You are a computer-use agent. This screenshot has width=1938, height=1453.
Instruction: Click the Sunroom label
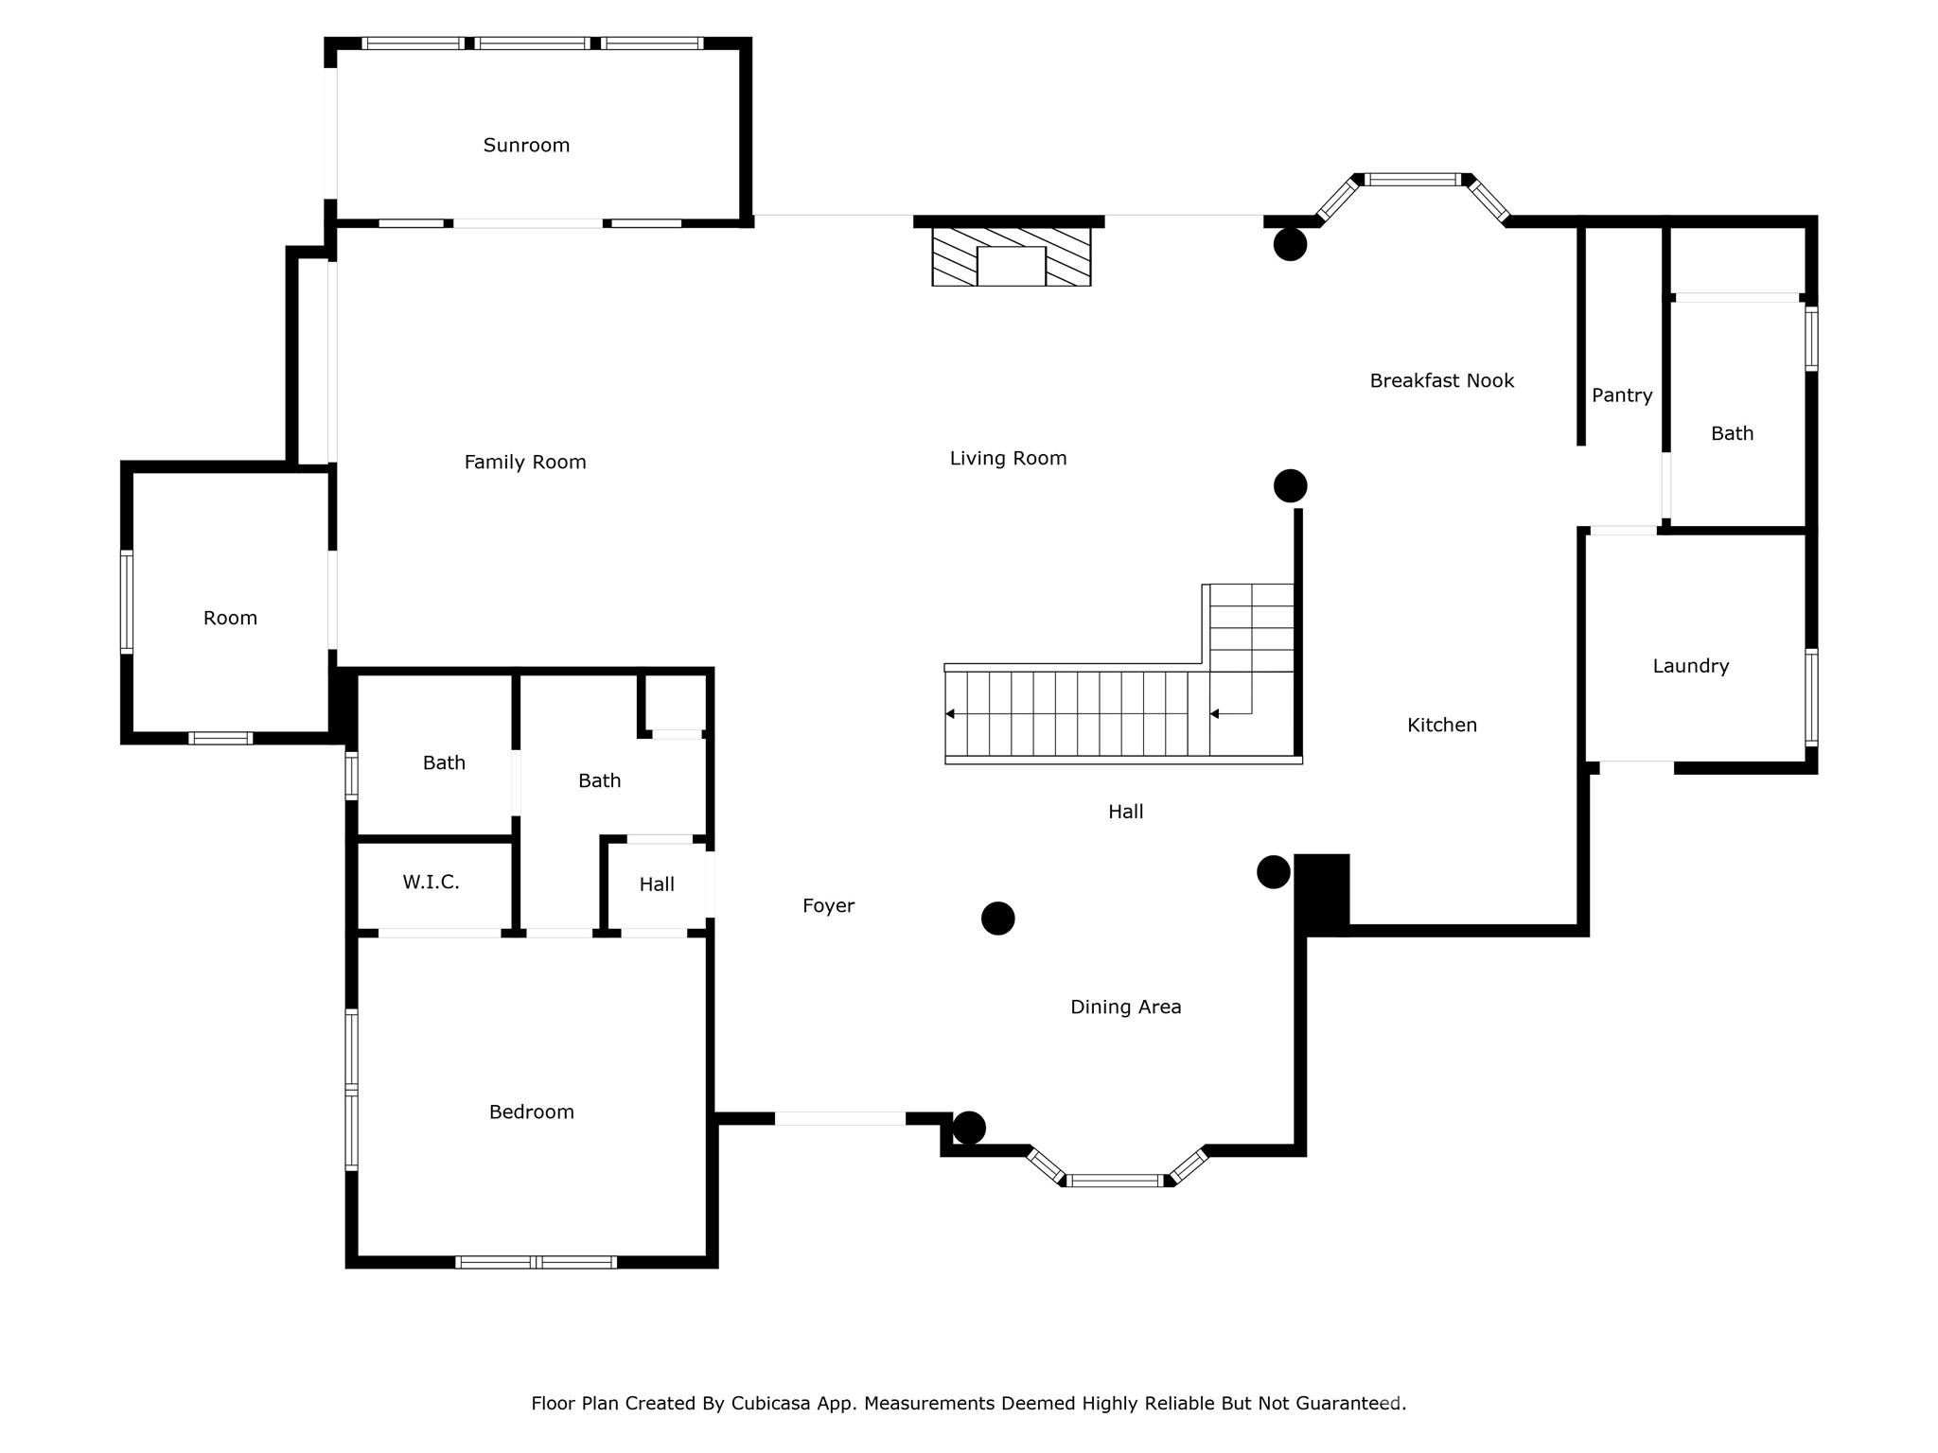pyautogui.click(x=526, y=146)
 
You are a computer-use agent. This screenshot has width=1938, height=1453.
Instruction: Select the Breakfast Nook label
pyautogui.click(x=1441, y=381)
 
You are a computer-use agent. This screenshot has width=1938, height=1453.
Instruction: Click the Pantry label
pyautogui.click(x=1621, y=395)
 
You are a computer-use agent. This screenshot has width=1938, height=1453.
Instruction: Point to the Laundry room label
pyautogui.click(x=1690, y=666)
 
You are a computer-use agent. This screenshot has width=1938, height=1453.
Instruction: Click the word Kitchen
pyautogui.click(x=1441, y=726)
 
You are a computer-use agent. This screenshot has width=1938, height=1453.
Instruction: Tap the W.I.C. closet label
pyautogui.click(x=431, y=883)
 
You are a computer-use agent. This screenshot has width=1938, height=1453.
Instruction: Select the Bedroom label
pyautogui.click(x=531, y=1112)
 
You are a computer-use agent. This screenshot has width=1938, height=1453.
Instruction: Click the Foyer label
pyautogui.click(x=828, y=906)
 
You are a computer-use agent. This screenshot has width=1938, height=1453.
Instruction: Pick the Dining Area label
pyautogui.click(x=1125, y=1007)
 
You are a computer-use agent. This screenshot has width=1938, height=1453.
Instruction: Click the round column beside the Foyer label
pyautogui.click(x=997, y=919)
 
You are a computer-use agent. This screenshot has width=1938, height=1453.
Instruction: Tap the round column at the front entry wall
pyautogui.click(x=969, y=1128)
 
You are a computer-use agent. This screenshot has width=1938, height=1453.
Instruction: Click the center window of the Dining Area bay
pyautogui.click(x=1115, y=1181)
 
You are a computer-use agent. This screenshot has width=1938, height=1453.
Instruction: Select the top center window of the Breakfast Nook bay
pyautogui.click(x=1414, y=180)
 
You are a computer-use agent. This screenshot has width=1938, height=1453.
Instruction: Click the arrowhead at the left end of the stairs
pyautogui.click(x=950, y=714)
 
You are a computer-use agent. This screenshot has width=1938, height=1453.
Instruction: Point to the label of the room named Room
pyautogui.click(x=230, y=619)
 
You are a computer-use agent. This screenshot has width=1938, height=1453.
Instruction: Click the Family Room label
pyautogui.click(x=524, y=463)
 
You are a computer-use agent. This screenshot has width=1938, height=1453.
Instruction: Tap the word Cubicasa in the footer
pyautogui.click(x=770, y=1404)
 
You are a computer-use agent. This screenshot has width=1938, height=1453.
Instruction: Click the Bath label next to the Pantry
pyautogui.click(x=1732, y=434)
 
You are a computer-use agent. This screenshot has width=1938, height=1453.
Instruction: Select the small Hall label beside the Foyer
pyautogui.click(x=656, y=884)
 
